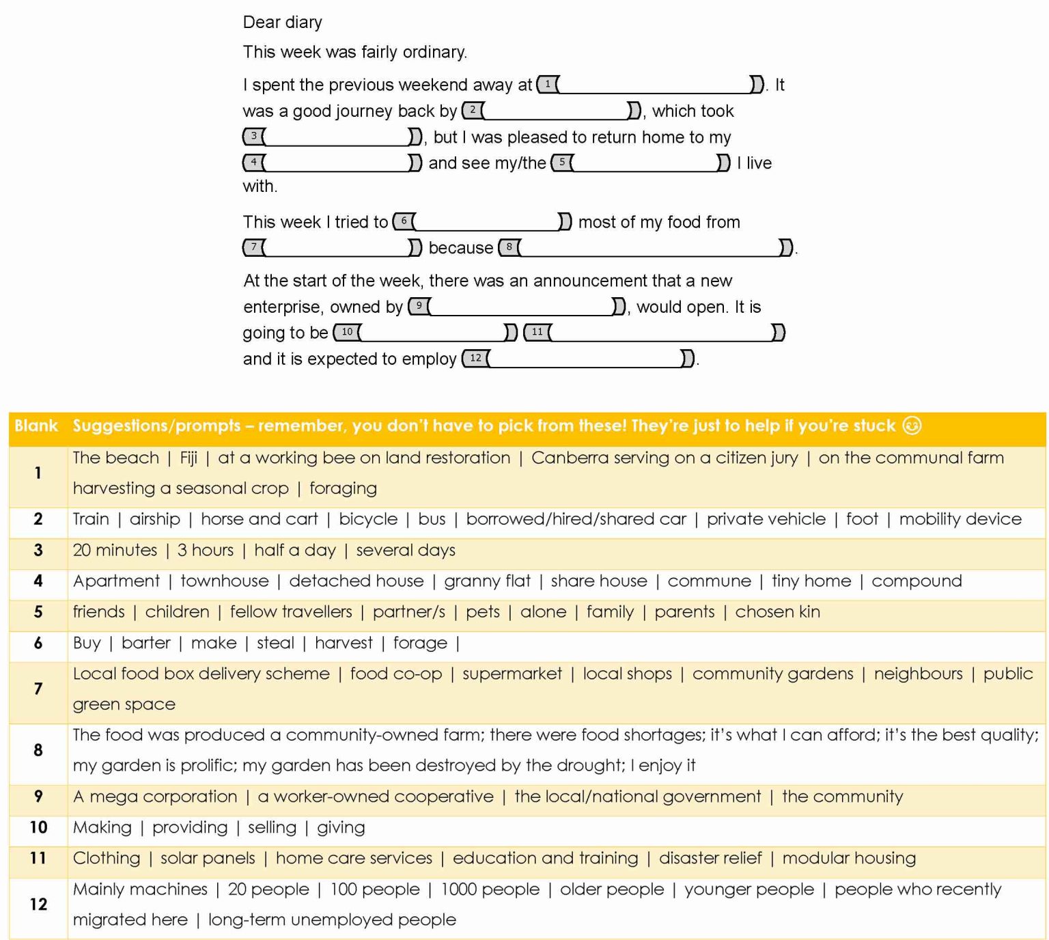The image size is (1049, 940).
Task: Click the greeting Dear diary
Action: [x=282, y=23]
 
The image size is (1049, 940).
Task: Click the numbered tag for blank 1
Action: [x=547, y=84]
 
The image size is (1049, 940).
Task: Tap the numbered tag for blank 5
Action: [x=561, y=163]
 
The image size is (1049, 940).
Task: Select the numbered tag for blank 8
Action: [x=509, y=247]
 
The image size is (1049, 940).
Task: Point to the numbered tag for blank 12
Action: [x=475, y=358]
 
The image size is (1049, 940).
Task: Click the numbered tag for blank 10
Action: [x=347, y=332]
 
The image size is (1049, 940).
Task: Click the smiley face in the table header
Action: [x=912, y=426]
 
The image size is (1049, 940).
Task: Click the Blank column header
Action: [x=36, y=426]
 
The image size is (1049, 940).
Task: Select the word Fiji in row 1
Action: [x=188, y=458]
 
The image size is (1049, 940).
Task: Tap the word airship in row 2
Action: [x=155, y=519]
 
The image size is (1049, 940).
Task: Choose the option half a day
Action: [x=295, y=550]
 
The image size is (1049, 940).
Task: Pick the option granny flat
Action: [x=487, y=581]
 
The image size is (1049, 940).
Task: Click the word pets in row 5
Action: [x=483, y=612]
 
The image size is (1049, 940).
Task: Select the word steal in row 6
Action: [x=275, y=643]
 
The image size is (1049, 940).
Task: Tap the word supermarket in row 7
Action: [x=512, y=674]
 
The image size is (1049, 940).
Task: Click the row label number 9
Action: [x=38, y=797]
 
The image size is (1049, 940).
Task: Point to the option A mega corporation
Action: [x=155, y=797]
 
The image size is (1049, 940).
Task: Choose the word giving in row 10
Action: [x=341, y=828]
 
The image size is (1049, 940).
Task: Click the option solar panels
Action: [x=208, y=859]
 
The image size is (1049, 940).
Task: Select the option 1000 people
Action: [x=490, y=889]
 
